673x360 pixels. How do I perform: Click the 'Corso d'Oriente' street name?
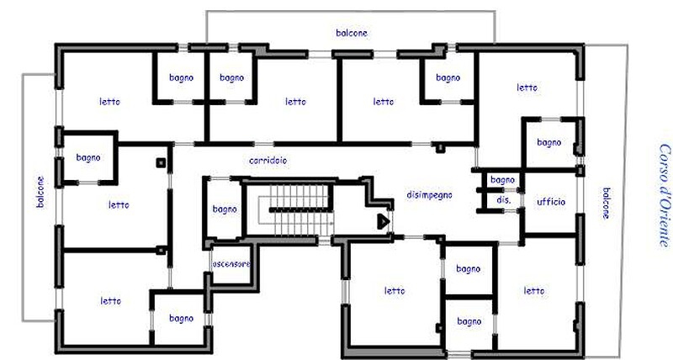(x=664, y=195)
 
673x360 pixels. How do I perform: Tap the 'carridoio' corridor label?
(x=268, y=161)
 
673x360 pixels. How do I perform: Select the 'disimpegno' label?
(x=429, y=195)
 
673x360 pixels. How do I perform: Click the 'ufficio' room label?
(x=551, y=201)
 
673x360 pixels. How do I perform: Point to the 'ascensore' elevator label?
(x=231, y=263)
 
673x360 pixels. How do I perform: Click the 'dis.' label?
(x=503, y=200)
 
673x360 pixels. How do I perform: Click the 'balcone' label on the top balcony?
(x=352, y=33)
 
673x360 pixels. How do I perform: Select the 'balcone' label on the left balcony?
(x=40, y=192)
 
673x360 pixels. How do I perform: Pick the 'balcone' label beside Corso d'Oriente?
(x=606, y=203)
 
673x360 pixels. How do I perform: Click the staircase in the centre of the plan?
(x=296, y=209)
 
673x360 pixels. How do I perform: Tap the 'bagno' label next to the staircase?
(x=225, y=209)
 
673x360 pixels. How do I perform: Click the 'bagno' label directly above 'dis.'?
(x=502, y=180)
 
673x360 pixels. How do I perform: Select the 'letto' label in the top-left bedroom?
(x=109, y=102)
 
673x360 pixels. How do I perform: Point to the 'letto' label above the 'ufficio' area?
(x=527, y=87)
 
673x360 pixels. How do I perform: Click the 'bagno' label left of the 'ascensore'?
(x=181, y=319)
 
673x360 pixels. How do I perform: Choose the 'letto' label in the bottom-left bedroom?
(x=110, y=301)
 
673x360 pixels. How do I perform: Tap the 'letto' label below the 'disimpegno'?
(x=394, y=291)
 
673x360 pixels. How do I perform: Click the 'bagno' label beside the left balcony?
(x=88, y=158)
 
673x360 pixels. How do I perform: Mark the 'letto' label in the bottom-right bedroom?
(x=533, y=291)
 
